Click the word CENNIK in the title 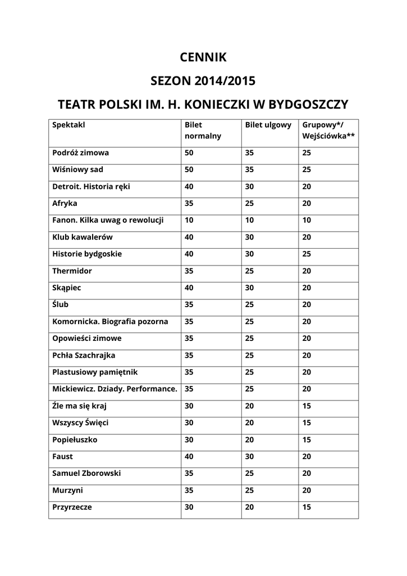203,57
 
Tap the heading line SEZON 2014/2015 203,81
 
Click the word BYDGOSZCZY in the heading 309,105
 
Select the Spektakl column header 68,125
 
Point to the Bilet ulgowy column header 268,125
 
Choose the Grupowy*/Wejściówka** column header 328,130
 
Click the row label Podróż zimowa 81,153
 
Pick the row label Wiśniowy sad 77,170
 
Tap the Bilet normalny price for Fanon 189,220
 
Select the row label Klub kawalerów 83,237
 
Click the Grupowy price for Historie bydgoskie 307,254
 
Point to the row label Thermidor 72,271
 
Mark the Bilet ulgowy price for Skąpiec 250,288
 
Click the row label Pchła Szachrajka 84,355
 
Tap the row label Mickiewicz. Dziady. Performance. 115,389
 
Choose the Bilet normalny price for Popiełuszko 189,440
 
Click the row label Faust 63,457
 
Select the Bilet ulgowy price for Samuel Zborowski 250,474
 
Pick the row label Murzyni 68,490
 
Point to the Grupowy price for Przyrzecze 307,507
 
